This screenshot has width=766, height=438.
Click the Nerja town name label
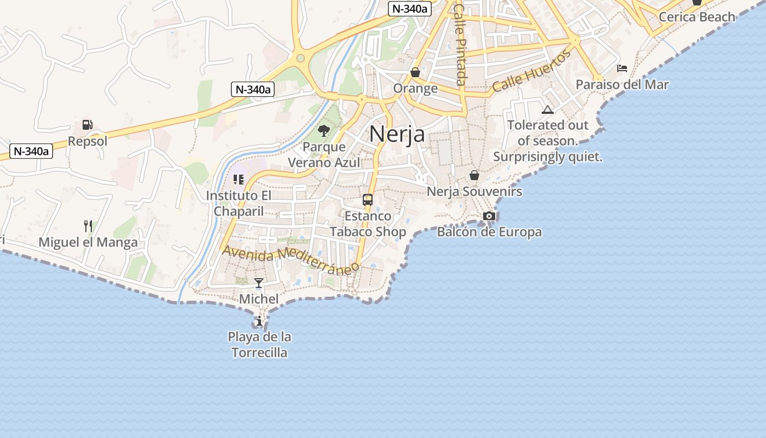coord(397,134)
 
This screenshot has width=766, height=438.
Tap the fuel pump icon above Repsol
coord(87,125)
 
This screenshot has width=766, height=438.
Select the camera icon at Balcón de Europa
coord(489,216)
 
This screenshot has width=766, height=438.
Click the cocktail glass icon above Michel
coord(259,283)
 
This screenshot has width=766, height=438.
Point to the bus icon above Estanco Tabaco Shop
coord(368,200)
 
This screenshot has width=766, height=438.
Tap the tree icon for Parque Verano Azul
coord(324,131)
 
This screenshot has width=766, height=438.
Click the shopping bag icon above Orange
coord(415,72)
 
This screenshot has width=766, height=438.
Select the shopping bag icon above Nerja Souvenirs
coord(474,175)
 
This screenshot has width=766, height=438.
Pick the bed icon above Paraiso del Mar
coord(622,68)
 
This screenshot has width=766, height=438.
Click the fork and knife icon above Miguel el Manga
coord(88,226)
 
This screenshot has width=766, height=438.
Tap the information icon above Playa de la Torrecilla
coord(259,321)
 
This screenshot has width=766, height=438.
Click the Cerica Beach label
coord(697,16)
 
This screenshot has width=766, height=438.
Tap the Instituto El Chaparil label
coord(239,203)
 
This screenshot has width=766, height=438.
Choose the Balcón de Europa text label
coord(489,232)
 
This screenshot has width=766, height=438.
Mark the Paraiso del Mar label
coord(622,84)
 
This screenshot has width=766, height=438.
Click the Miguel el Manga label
coord(88,242)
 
